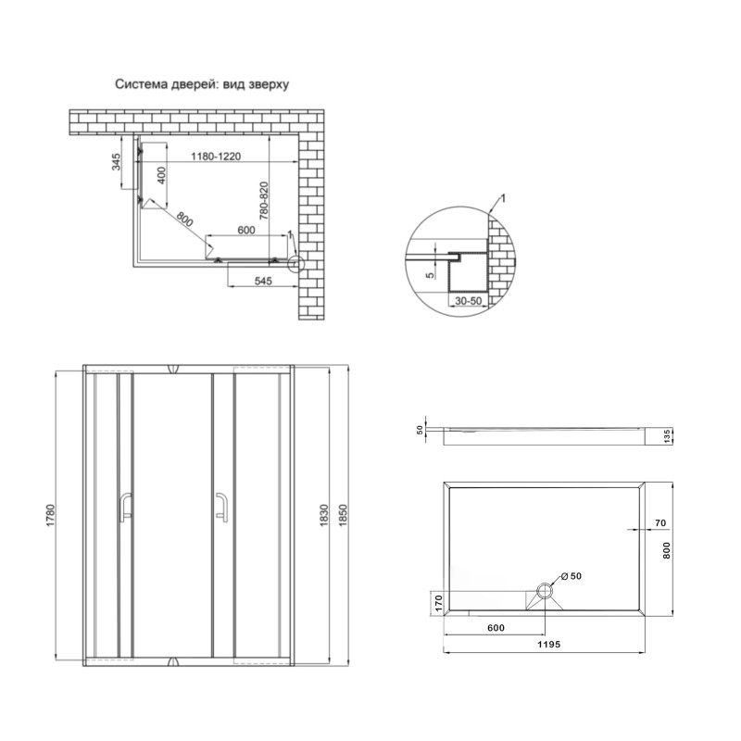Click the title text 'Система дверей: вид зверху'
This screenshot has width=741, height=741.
pos(203,83)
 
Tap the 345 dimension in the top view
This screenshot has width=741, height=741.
pos(116,165)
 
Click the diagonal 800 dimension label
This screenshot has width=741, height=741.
pos(183,221)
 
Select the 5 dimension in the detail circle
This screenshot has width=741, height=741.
pos(429,273)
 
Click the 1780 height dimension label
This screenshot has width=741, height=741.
pos(52,516)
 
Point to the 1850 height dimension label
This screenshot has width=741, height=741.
pos(345,516)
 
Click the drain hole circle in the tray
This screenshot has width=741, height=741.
pos(546,588)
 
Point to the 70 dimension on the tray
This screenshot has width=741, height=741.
pos(660,523)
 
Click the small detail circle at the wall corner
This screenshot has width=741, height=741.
pos(295,264)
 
